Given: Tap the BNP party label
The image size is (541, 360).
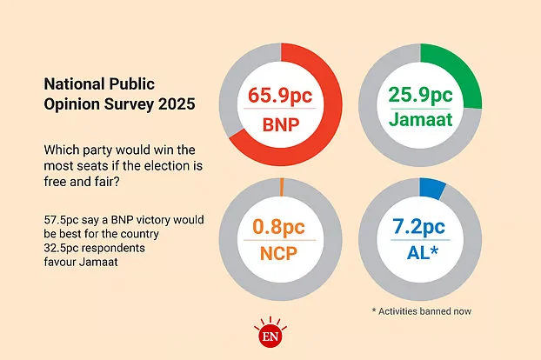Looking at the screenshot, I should click(281, 124).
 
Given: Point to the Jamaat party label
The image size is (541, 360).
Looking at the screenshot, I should click(420, 124).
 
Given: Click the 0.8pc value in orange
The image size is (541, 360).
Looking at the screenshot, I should click(281, 229).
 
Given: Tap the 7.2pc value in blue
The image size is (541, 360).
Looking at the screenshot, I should click(420, 229).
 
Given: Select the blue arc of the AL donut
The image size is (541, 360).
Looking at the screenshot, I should click(431, 186).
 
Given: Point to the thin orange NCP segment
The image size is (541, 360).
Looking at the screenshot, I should click(282, 183).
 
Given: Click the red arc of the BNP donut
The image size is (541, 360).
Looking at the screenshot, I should click(331, 130).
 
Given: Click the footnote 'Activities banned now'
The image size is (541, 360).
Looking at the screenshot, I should click(424, 310).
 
